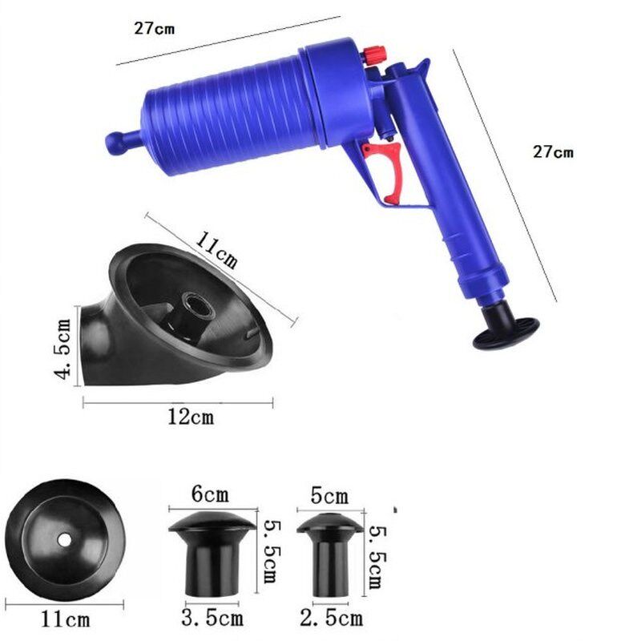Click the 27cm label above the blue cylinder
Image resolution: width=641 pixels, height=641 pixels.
[x=154, y=28]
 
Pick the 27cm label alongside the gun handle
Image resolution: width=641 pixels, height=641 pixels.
[x=552, y=152]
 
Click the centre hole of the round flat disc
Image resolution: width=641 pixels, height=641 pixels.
[x=62, y=538]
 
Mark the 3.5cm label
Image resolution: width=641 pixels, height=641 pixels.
[x=213, y=618]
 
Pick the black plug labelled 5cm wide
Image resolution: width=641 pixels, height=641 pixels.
[x=329, y=553]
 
